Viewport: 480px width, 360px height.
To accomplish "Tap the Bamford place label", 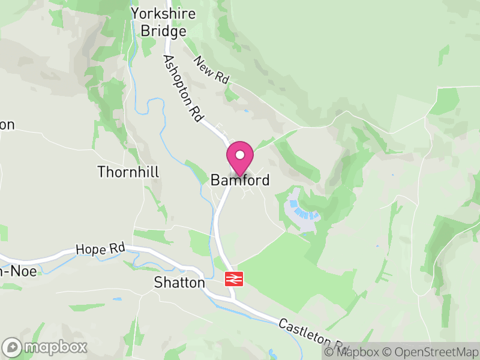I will [x=239, y=180].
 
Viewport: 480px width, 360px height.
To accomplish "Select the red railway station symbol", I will [x=233, y=279].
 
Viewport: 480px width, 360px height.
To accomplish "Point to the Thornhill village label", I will [x=128, y=172].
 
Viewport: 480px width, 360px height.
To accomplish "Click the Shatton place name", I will [x=179, y=283].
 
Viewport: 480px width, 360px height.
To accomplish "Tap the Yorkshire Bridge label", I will [x=164, y=22].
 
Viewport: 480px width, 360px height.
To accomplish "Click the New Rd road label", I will [x=211, y=71].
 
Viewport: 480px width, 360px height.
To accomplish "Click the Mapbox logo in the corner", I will [x=46, y=347].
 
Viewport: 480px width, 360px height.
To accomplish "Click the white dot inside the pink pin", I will [x=239, y=155].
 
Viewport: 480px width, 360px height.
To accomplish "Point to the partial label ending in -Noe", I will [x=18, y=272].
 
